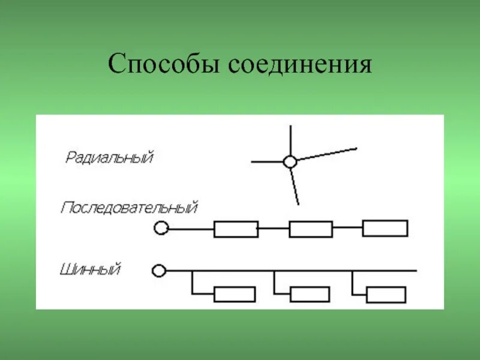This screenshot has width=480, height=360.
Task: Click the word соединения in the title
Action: coord(299,64)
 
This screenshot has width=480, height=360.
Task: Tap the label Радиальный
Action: coord(110,158)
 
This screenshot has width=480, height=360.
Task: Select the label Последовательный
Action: coord(129,208)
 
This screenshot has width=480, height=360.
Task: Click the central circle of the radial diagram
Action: coord(290,161)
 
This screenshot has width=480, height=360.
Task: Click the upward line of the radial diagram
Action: coord(290,140)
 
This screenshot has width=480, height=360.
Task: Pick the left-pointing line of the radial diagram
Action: coord(267,161)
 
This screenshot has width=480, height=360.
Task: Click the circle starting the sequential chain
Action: coord(160,228)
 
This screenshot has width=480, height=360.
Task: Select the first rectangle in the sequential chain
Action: coord(236,229)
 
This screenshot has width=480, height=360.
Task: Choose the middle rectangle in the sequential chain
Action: coord(310,229)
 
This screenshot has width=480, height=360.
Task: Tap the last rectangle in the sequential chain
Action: coord(385,228)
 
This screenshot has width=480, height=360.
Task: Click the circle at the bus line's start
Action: coord(158,271)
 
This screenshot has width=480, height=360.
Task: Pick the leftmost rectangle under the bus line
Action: coord(235,294)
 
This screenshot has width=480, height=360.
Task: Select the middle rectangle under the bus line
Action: coord(310,294)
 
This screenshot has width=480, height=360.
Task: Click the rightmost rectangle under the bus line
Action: coord(386,294)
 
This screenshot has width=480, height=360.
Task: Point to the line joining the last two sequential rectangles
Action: coord(347,228)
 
